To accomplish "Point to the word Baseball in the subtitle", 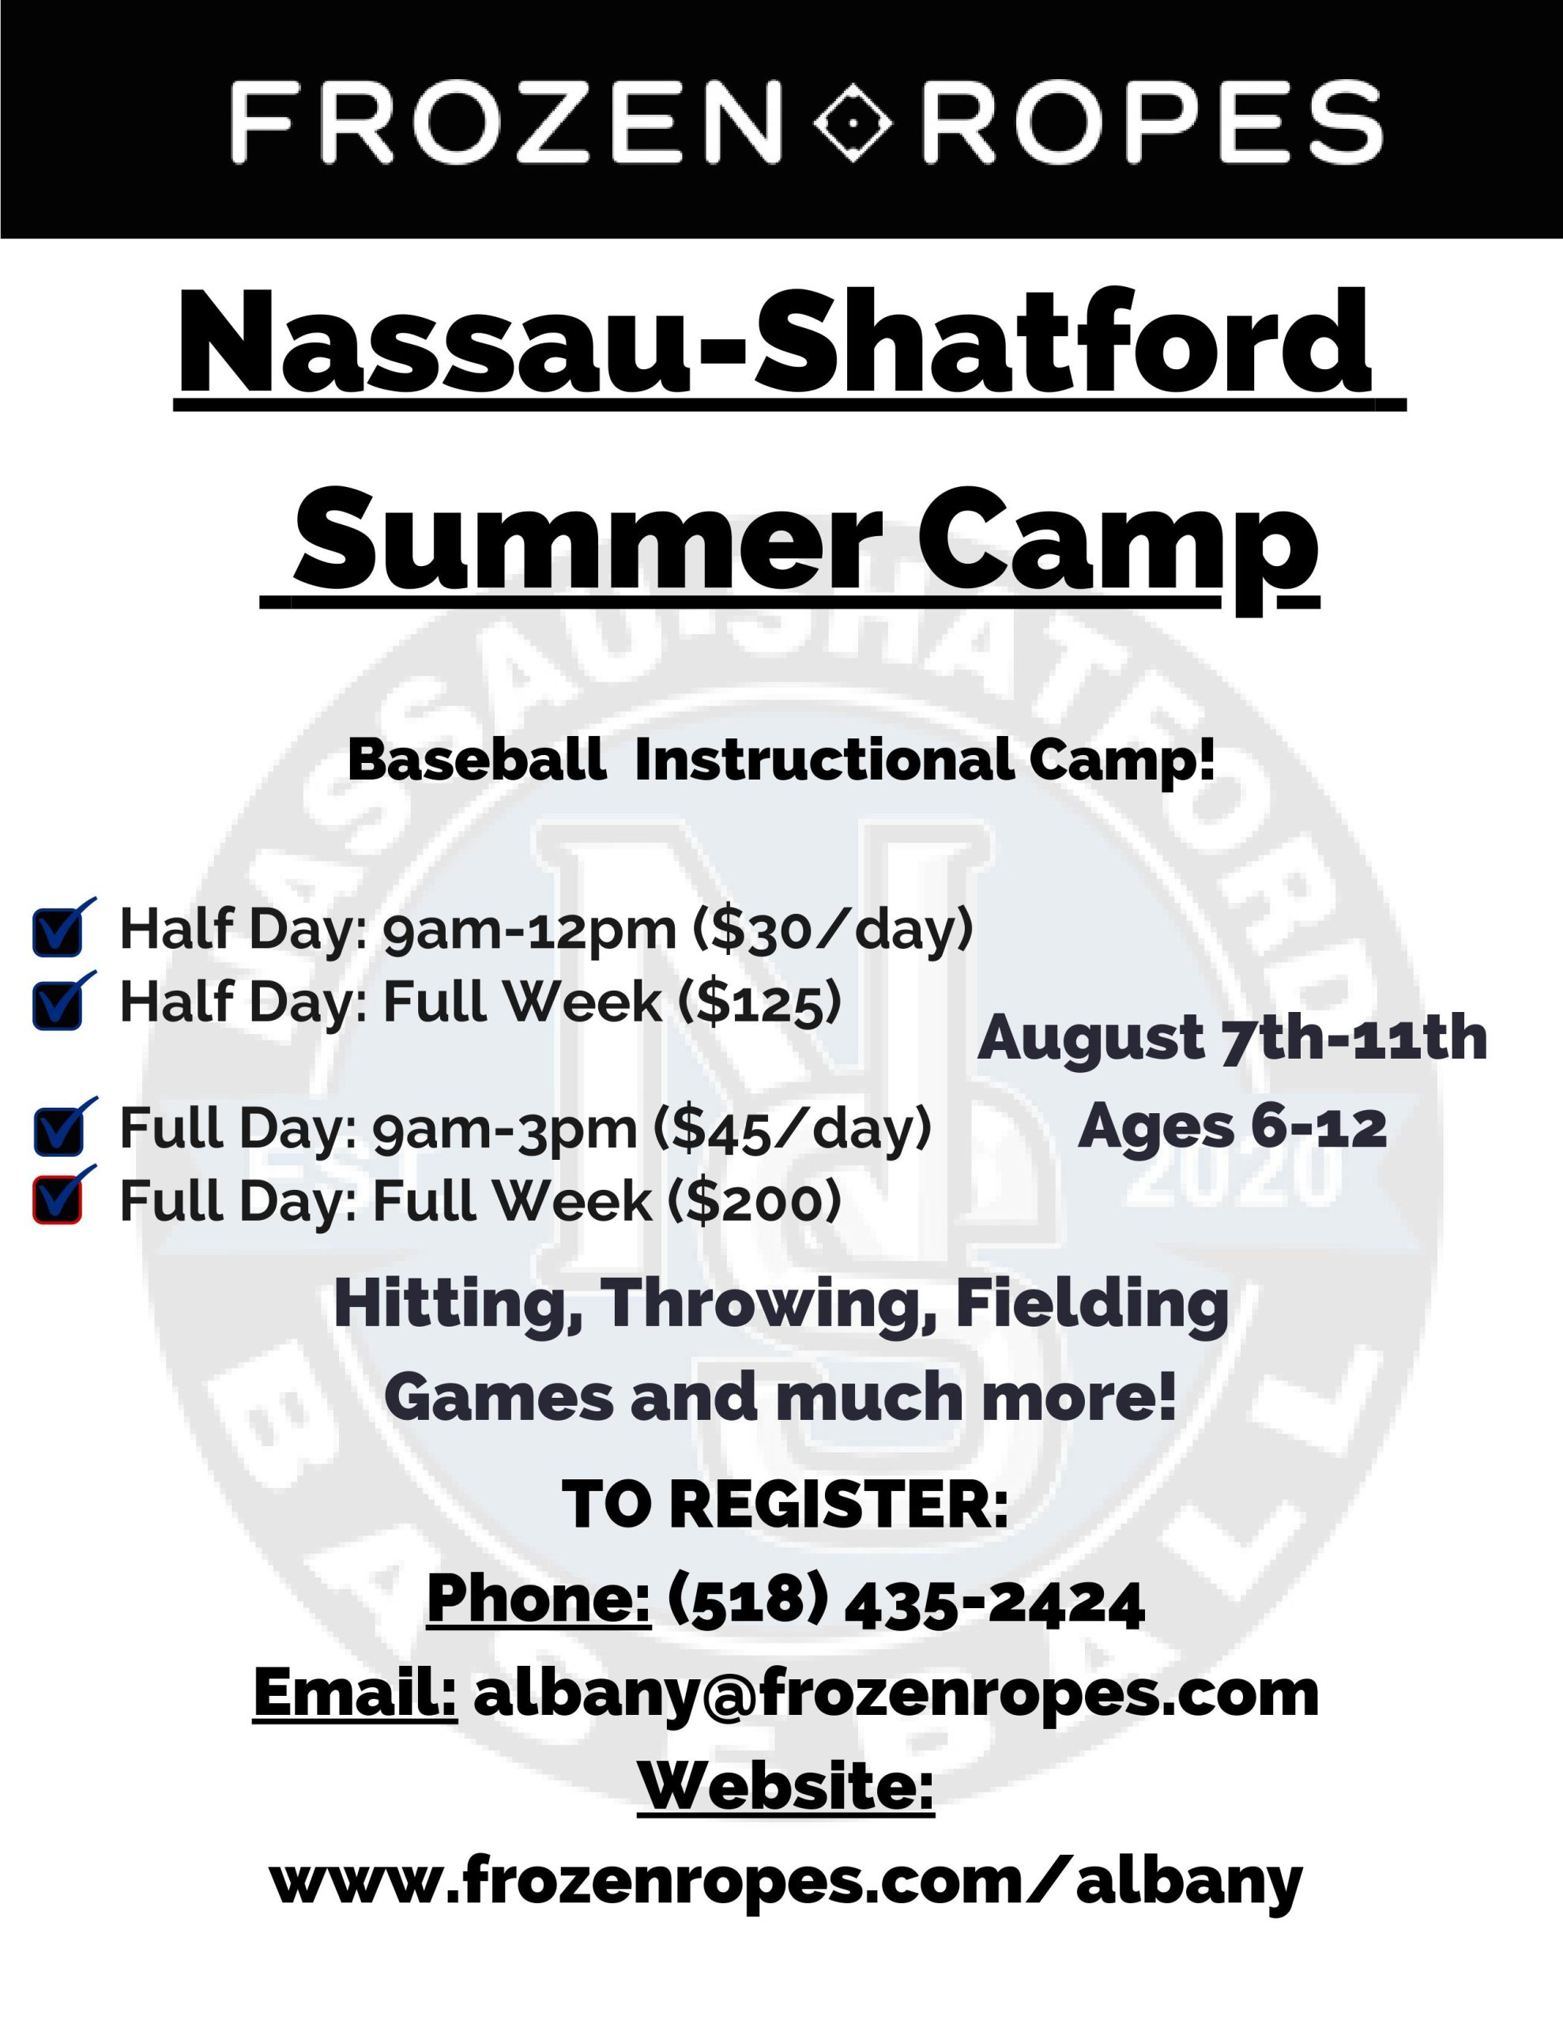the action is pos(477,760).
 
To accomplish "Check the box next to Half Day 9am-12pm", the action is pos(58,931).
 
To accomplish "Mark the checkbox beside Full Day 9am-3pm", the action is pos(58,1131).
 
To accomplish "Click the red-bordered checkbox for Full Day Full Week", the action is pos(58,1200).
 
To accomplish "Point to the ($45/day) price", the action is pos(792,1130).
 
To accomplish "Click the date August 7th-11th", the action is pos(1232,1037).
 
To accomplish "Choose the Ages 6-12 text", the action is pos(1232,1127).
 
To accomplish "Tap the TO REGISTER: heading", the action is pos(785,1503).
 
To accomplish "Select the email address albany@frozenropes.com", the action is pos(896,1694).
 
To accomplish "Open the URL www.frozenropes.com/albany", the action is pos(786,1881).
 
